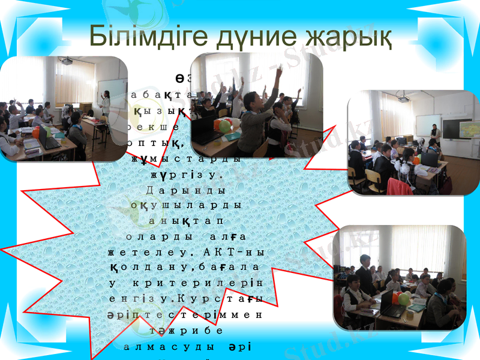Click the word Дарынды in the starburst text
click(x=185, y=190)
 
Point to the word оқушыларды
click(x=185, y=204)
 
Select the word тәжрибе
click(x=185, y=330)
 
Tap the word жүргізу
click(x=185, y=175)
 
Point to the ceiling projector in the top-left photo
click(x=66, y=61)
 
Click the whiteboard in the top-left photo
click(x=112, y=92)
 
